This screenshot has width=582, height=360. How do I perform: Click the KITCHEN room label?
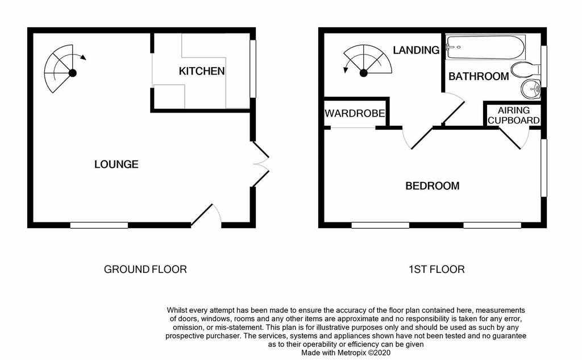pos(202,71)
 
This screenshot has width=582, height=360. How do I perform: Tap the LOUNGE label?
pos(116,164)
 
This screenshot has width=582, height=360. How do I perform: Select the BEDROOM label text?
pos(433,186)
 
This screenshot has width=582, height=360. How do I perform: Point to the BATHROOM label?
pos(479,76)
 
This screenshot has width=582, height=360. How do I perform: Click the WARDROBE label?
pos(355,113)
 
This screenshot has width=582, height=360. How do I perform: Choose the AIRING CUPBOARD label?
pos(513,115)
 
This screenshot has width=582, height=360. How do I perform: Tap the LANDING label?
pos(416,50)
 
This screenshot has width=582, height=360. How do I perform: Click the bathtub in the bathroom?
pos(485,47)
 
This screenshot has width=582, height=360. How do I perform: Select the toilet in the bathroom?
pos(526,69)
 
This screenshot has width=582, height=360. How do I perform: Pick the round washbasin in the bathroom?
pos(531,89)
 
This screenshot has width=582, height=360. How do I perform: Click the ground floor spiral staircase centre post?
pos(73,73)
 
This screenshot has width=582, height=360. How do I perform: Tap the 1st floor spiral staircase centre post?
pos(363,73)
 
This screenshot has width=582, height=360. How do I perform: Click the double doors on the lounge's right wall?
pos(260,164)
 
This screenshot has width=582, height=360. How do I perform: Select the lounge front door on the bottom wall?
pos(206,215)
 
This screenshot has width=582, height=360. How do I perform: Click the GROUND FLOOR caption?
pos(145,270)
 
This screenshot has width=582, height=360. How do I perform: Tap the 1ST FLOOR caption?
pos(436,270)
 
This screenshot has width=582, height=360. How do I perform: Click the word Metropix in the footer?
pos(352,353)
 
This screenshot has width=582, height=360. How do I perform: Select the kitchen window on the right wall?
pos(253,69)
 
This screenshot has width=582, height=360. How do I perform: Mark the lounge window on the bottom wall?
pos(99,225)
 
